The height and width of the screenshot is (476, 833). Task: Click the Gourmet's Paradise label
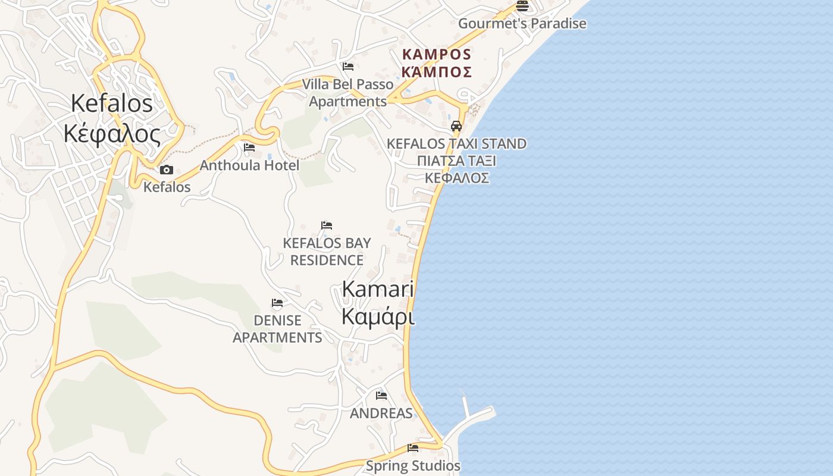[x=522, y=24]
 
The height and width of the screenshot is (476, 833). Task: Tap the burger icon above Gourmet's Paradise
[x=522, y=6]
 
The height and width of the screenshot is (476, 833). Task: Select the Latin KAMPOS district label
[x=437, y=54]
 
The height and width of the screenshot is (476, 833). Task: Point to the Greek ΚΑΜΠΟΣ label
[x=437, y=72]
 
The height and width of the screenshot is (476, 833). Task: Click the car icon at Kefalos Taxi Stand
[x=456, y=126]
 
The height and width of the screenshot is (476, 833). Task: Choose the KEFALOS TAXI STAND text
[x=456, y=143]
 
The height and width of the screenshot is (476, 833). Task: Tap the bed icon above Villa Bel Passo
[x=348, y=67]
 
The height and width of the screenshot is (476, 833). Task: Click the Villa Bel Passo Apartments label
[x=348, y=93]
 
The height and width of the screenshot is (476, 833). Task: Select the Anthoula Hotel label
[x=249, y=165]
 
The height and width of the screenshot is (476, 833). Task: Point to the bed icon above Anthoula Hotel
[x=249, y=147]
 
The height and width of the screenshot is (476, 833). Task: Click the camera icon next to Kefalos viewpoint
[x=167, y=170]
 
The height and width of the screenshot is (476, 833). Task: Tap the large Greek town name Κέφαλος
[x=112, y=134]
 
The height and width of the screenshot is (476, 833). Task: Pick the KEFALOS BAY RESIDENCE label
[x=327, y=252]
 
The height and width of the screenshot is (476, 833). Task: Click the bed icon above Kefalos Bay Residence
[x=327, y=226]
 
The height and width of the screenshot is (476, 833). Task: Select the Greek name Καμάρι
[x=378, y=317]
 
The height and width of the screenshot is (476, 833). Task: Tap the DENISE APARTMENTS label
[x=277, y=329]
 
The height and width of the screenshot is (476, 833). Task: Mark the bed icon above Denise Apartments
[x=277, y=303]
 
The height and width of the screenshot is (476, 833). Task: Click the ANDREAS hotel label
[x=381, y=413]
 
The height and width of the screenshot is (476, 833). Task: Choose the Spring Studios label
[x=413, y=466]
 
